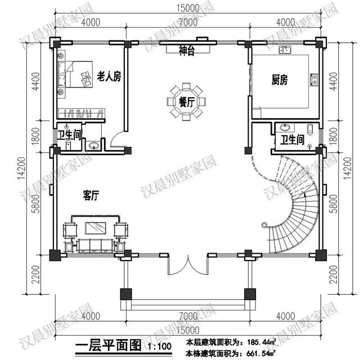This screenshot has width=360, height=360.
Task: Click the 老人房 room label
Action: [109, 75]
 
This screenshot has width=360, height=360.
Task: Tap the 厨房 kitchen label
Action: [280, 80]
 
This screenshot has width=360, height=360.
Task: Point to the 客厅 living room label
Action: [91, 196]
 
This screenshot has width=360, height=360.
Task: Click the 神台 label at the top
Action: [187, 52]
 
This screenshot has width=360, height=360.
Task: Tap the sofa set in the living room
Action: [94, 232]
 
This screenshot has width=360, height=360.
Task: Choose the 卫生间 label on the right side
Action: [292, 139]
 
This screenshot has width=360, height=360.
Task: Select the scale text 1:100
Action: [158, 346]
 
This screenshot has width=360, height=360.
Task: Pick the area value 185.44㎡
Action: [260, 341]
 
